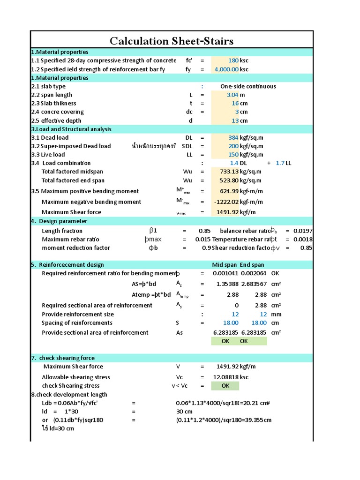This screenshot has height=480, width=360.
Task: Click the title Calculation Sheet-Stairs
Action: coord(172,41)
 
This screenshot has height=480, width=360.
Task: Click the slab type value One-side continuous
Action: coord(248,86)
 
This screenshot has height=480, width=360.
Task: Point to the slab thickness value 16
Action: coord(235,103)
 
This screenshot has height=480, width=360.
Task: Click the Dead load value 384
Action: coord(233,138)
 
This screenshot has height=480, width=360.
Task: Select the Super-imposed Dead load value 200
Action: coord(233,146)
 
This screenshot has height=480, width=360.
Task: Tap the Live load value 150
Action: coord(233,155)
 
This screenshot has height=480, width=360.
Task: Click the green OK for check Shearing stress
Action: coord(225,386)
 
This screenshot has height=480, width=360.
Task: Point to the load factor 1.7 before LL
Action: coord(280,163)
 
